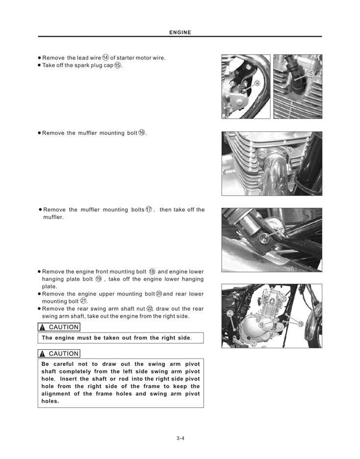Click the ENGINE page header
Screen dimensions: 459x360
(180, 32)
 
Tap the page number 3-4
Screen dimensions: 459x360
(180, 438)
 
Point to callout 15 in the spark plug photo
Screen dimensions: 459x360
(310, 74)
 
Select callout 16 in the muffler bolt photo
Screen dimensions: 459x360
(290, 150)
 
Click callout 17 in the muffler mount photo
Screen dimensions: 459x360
(281, 230)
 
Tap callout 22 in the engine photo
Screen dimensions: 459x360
(230, 313)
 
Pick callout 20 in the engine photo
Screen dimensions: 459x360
(283, 299)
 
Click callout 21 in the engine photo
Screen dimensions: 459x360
(254, 343)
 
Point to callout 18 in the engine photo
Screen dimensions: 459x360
(261, 325)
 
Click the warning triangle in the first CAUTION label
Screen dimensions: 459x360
(43, 328)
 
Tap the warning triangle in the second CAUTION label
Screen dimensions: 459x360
(43, 354)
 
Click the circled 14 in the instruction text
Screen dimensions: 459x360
(105, 58)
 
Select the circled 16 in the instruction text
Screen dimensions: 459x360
(142, 132)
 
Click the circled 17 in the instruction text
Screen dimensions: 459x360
(149, 209)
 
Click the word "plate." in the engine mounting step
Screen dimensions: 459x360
(50, 286)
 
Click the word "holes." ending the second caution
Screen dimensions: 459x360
(50, 401)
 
